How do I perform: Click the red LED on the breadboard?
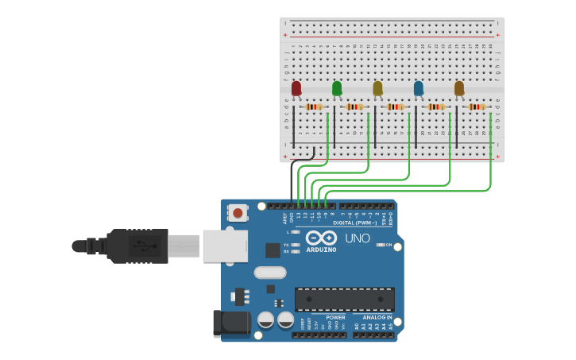(x=296, y=88)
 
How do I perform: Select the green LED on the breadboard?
(x=337, y=88)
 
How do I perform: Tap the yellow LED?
(x=377, y=88)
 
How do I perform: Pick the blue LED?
(x=419, y=88)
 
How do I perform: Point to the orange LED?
(x=459, y=88)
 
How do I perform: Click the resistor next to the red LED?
(x=315, y=106)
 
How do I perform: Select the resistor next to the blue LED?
(x=436, y=106)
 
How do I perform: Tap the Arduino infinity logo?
(x=321, y=238)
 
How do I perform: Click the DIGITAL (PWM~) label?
(x=354, y=223)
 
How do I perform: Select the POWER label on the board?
(x=335, y=317)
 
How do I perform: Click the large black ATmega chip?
(x=345, y=299)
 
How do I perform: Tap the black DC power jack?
(x=231, y=323)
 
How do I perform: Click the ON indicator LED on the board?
(x=380, y=245)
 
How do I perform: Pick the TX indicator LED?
(x=296, y=245)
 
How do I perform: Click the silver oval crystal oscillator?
(x=270, y=273)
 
